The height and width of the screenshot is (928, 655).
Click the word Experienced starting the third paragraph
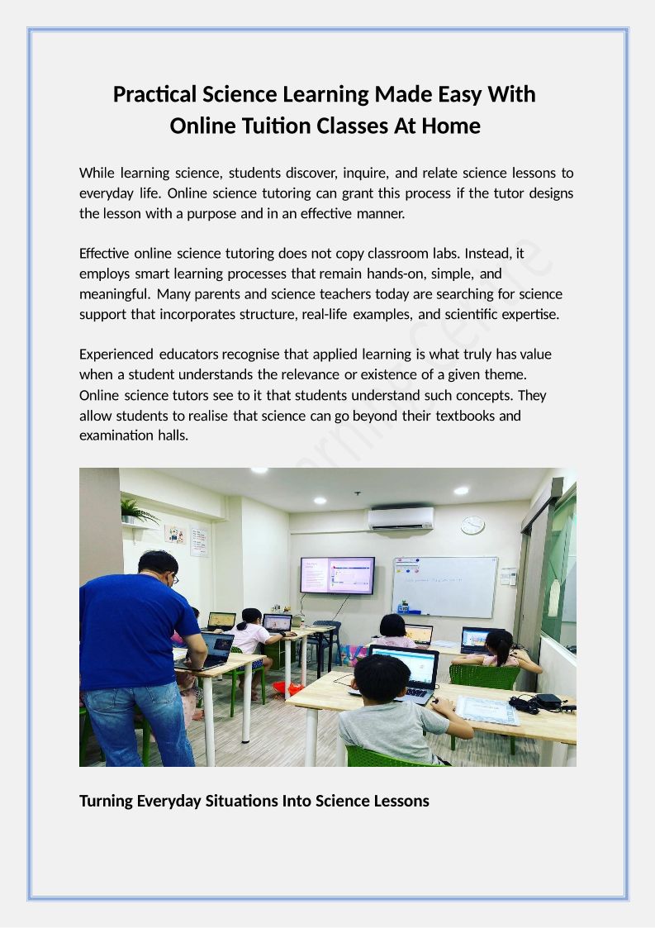pyautogui.click(x=116, y=354)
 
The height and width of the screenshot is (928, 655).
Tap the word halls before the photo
pyautogui.click(x=173, y=435)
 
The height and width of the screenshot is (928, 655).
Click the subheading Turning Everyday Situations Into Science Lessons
pyautogui.click(x=254, y=801)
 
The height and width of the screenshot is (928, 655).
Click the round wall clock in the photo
pyautogui.click(x=472, y=526)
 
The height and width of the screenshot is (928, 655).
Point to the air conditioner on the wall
pyautogui.click(x=401, y=518)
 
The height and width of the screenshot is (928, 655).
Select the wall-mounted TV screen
pyautogui.click(x=337, y=575)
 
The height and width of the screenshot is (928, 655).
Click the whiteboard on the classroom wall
pyautogui.click(x=444, y=585)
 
